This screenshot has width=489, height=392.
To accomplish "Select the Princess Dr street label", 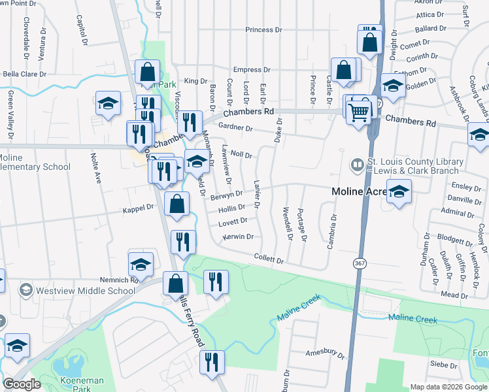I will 263,30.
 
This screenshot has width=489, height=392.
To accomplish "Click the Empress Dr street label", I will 252,70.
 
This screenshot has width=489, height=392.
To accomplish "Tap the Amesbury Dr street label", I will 325,353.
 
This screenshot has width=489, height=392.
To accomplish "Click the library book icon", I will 357,166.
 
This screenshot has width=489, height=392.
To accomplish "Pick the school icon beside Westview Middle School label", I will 25,289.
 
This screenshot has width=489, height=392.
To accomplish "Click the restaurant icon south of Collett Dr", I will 216,283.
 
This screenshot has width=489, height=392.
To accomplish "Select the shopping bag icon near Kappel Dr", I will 177,204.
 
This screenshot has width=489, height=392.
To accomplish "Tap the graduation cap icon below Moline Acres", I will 399,193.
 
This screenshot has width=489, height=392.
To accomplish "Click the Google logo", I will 22,384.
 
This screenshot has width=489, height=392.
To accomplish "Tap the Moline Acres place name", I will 360,192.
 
